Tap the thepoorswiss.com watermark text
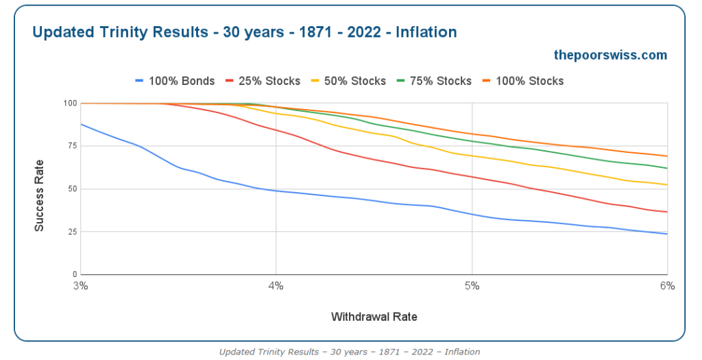coord(610,55)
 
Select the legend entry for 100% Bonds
coord(175,81)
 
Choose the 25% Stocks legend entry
coord(263,81)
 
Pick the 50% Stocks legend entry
coord(349,81)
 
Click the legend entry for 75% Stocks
coord(434,81)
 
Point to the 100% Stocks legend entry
coord(523,81)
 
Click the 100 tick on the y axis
coord(71,104)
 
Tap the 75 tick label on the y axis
coord(73,146)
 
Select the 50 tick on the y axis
coord(73,189)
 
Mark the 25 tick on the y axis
coord(73,232)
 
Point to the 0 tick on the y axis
coord(75,274)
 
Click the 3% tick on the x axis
coord(81,286)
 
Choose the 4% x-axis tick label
coord(276,286)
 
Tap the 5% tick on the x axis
coord(472,286)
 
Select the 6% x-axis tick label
coord(667,286)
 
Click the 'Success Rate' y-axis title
coord(39,195)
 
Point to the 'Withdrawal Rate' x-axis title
coord(374,317)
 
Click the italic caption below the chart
coord(349,352)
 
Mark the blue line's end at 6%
coord(667,234)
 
